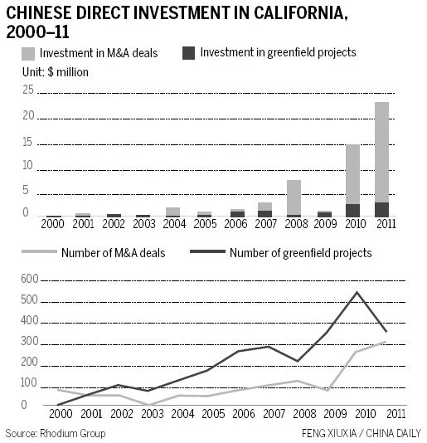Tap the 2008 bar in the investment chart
(x=294, y=197)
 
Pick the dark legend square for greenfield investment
(x=189, y=53)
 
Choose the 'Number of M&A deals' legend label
(x=113, y=253)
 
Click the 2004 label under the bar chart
(x=172, y=224)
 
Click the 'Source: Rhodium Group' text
(x=56, y=433)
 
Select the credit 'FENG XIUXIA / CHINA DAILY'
(x=362, y=433)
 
